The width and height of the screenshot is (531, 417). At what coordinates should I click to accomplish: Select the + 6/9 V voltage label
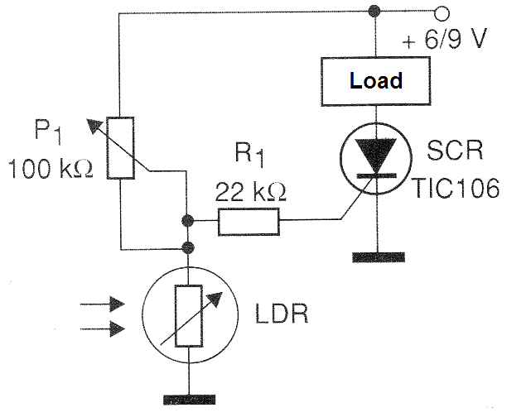click(x=445, y=39)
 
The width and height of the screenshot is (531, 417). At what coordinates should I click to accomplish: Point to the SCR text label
click(x=455, y=151)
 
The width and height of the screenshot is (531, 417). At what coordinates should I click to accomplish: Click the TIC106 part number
click(x=456, y=188)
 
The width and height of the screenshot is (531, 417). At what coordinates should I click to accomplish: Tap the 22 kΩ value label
click(x=251, y=192)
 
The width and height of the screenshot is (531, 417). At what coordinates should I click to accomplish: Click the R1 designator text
click(x=249, y=154)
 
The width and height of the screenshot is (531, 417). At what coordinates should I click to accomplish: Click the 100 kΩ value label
click(x=51, y=169)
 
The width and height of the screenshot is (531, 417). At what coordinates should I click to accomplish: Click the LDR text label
click(x=282, y=314)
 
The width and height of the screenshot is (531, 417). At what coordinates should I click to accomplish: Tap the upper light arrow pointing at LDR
click(x=102, y=304)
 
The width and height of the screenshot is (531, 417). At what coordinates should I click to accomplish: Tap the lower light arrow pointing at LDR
click(x=102, y=328)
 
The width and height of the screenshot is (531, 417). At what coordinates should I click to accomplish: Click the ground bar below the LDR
click(x=190, y=400)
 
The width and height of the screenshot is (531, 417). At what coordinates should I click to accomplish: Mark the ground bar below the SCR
click(x=379, y=257)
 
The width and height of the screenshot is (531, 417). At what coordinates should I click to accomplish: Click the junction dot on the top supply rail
click(x=374, y=11)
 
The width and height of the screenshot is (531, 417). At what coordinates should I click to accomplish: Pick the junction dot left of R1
click(x=187, y=221)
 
